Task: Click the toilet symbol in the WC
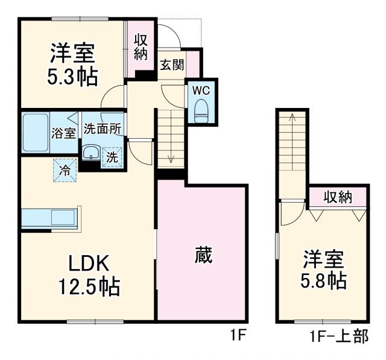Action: click(200, 109)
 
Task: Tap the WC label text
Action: click(200, 90)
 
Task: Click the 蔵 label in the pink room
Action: click(203, 255)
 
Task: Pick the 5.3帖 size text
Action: click(72, 77)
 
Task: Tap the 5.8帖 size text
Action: click(323, 280)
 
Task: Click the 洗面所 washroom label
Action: click(102, 128)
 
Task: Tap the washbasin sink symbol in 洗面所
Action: click(91, 152)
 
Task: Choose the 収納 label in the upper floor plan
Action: click(337, 197)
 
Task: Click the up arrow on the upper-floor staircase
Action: click(293, 121)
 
